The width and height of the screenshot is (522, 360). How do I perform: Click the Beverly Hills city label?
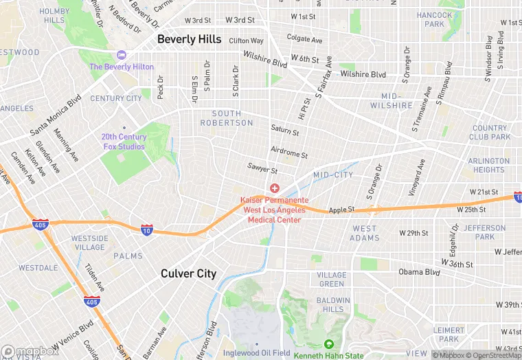(x=190, y=39)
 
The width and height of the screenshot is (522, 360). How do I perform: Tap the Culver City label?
(x=188, y=273)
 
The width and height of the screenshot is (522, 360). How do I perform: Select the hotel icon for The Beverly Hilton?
(x=122, y=55)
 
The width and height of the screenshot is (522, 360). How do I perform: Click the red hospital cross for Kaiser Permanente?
(x=275, y=188)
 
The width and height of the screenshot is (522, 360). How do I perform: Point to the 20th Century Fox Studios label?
(x=124, y=142)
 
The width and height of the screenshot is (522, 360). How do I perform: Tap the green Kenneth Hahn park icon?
(x=329, y=344)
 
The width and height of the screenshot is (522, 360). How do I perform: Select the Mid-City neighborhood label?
(x=333, y=175)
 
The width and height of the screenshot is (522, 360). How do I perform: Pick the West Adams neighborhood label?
(x=365, y=234)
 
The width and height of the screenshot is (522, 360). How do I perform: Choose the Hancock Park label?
(x=435, y=19)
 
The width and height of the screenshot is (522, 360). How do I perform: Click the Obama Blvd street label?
(x=418, y=272)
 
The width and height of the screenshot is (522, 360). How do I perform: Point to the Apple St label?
(x=341, y=210)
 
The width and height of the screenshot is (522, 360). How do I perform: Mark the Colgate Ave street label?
(x=304, y=39)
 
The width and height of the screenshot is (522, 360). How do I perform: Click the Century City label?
(x=116, y=98)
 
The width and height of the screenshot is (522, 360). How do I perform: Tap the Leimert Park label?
(x=449, y=335)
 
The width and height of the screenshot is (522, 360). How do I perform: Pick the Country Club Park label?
(x=490, y=133)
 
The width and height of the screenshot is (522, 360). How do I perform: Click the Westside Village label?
(x=90, y=243)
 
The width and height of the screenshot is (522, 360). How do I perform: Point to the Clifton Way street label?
(x=246, y=41)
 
